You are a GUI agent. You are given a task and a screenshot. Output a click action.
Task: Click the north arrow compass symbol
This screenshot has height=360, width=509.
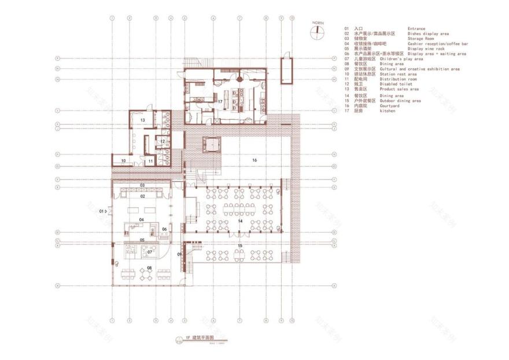coord(317,32)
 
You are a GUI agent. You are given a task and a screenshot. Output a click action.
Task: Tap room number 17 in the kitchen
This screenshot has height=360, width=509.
coord(220,101)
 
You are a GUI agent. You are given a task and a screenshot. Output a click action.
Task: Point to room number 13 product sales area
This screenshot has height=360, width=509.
coord(142,119)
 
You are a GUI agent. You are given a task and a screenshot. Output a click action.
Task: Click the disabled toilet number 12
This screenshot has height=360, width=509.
coord(163,141)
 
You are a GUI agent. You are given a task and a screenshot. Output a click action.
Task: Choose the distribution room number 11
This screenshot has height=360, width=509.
coord(150,161)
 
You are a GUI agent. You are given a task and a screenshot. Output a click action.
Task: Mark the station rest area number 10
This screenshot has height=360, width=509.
coord(123,161)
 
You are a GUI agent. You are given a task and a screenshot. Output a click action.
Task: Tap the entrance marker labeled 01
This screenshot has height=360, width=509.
coord(103,211)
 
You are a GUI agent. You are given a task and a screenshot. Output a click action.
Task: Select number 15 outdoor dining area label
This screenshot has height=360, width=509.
coord(239,246)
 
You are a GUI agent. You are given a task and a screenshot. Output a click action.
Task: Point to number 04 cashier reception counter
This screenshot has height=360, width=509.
coord(141,221)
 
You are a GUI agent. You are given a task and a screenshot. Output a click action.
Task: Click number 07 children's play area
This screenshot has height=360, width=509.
coord(149,252)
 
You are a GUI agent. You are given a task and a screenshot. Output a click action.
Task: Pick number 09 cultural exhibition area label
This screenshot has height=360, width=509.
coord(179,254)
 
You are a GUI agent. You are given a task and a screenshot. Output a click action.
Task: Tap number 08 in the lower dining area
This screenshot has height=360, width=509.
coord(149,268)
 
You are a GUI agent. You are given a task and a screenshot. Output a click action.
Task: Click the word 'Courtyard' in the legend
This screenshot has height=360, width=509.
coord(420,106)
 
